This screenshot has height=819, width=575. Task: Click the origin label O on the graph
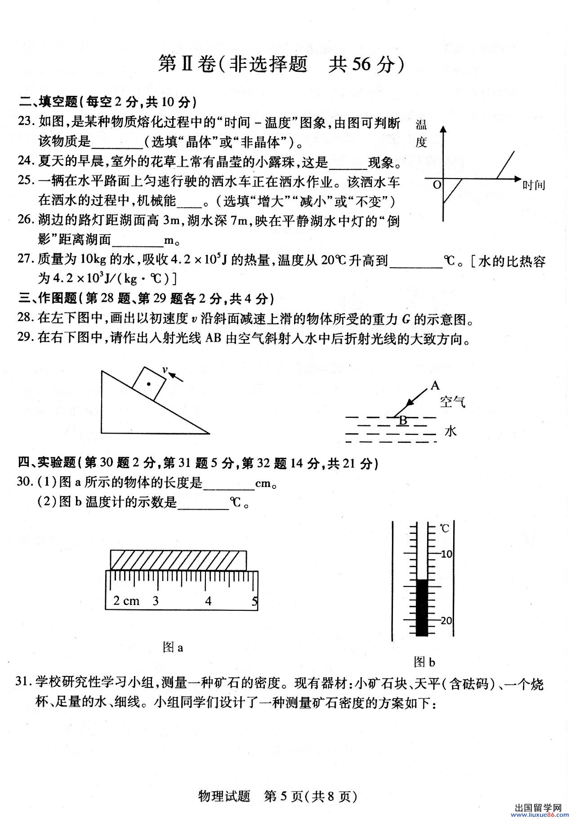[436, 185]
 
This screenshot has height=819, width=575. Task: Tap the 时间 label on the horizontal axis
[534, 184]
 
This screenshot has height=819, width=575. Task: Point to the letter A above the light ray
[435, 385]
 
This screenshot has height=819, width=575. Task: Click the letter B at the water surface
[403, 420]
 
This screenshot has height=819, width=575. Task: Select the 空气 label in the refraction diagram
[453, 402]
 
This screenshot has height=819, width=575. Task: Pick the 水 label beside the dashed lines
[450, 431]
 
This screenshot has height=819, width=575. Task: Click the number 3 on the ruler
[156, 601]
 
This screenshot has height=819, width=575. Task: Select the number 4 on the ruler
[208, 601]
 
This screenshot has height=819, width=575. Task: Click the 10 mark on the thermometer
[446, 554]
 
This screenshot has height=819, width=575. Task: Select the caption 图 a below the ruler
[173, 648]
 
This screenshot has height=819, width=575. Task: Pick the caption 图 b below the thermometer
[424, 662]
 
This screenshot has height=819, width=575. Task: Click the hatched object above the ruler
[178, 560]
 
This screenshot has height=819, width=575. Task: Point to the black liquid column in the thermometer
[421, 607]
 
